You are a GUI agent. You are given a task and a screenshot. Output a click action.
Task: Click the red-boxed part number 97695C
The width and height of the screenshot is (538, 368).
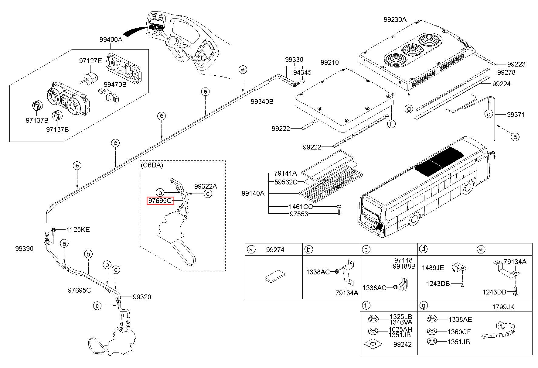[x=160, y=201]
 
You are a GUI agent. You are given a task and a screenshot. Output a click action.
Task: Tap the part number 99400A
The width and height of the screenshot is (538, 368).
[x=111, y=40]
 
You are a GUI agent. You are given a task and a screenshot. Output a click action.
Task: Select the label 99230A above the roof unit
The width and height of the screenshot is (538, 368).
[x=395, y=19]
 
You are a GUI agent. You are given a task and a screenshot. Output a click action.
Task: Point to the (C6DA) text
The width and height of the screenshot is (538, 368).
[x=152, y=165]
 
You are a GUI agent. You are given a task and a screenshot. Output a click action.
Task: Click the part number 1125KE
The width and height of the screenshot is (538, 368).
[x=78, y=229]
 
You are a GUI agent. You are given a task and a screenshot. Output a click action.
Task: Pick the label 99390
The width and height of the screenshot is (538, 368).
[x=24, y=249]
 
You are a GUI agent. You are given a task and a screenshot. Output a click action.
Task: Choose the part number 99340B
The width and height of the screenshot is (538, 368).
[x=262, y=101]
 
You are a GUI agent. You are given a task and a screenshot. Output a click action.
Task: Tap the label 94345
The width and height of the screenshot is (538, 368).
[x=302, y=73]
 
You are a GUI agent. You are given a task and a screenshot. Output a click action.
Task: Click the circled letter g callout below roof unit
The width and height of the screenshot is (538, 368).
[x=409, y=108]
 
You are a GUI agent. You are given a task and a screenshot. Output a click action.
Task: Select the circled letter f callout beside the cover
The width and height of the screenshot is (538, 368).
[x=392, y=124]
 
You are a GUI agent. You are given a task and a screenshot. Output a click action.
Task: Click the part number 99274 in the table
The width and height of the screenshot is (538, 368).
[x=275, y=250]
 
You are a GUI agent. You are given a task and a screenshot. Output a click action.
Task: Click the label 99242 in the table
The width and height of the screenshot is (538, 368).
[x=403, y=344]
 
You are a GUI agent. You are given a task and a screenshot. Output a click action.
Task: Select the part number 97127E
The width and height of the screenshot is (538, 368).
[x=91, y=61]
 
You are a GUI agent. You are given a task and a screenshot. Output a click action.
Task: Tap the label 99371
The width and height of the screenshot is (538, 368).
[x=516, y=115]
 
